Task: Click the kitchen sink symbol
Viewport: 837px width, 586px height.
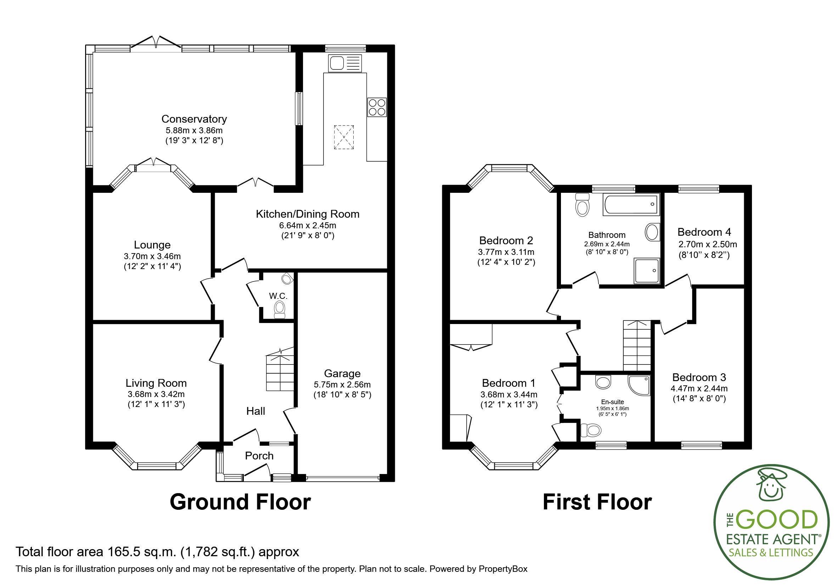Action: click(345, 63)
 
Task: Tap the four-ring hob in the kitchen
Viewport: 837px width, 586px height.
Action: click(377, 107)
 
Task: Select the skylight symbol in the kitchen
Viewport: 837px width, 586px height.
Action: click(344, 137)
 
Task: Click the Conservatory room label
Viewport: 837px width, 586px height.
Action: click(194, 119)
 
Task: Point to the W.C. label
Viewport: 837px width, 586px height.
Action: click(278, 296)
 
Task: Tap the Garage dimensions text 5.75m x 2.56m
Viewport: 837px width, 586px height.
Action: click(342, 385)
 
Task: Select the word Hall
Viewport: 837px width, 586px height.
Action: click(255, 411)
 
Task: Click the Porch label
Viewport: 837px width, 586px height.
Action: click(259, 456)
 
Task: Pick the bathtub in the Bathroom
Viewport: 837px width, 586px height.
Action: click(631, 205)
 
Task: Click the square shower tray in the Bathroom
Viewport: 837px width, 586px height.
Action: click(647, 270)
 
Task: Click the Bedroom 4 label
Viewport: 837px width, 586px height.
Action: click(704, 232)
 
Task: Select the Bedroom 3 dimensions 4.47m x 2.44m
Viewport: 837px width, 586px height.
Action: click(699, 389)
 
